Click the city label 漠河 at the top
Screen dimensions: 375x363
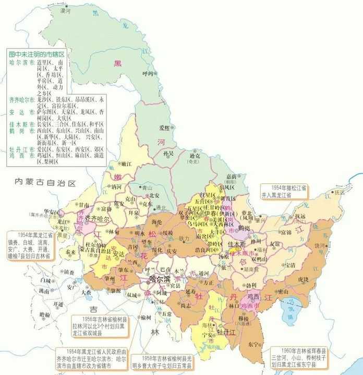(x=65, y=11)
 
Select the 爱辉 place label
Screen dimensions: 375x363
(x=165, y=128)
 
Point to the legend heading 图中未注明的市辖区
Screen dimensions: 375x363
(x=37, y=54)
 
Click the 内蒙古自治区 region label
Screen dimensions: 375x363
(x=45, y=183)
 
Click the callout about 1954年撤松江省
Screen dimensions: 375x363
(x=285, y=191)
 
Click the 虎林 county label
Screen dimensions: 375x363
(x=303, y=279)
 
